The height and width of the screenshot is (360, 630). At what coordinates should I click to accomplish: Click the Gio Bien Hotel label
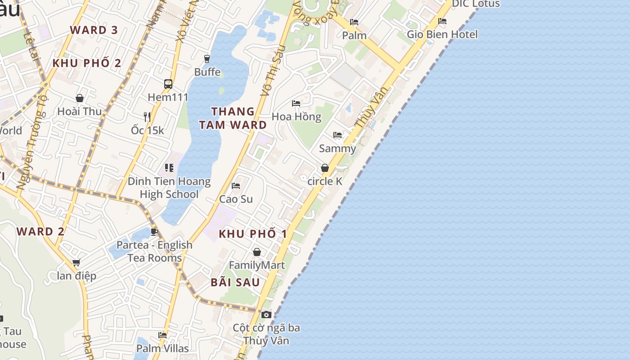pyautogui.click(x=442, y=34)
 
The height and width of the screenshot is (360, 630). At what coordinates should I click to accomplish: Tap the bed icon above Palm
pyautogui.click(x=354, y=22)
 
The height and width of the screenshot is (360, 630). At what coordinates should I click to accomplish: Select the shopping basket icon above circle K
pyautogui.click(x=325, y=168)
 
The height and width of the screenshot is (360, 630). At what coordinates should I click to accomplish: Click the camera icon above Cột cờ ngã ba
pyautogui.click(x=266, y=315)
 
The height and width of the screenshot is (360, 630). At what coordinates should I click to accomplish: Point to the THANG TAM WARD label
pyautogui.click(x=233, y=118)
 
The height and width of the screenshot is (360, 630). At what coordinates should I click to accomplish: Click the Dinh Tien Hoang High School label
pyautogui.click(x=169, y=188)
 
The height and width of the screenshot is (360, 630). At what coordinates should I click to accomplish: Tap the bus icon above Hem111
pyautogui.click(x=168, y=84)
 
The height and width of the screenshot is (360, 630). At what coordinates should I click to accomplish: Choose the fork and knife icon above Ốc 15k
pyautogui.click(x=147, y=117)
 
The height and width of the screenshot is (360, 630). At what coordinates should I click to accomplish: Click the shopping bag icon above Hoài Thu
pyautogui.click(x=80, y=98)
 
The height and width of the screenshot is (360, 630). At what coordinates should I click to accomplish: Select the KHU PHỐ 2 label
pyautogui.click(x=87, y=63)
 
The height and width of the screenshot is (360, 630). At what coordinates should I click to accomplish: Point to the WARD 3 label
pyautogui.click(x=94, y=30)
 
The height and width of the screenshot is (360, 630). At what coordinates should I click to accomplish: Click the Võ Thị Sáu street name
pyautogui.click(x=273, y=71)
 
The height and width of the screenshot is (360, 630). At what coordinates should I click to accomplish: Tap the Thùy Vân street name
pyautogui.click(x=371, y=107)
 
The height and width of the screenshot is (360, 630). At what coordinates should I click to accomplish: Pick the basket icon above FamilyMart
pyautogui.click(x=257, y=252)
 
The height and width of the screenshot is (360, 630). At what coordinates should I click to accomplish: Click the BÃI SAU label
pyautogui.click(x=235, y=282)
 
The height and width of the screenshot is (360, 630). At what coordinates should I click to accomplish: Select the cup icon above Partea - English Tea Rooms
pyautogui.click(x=154, y=232)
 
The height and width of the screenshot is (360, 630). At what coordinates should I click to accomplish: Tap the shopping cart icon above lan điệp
pyautogui.click(x=76, y=262)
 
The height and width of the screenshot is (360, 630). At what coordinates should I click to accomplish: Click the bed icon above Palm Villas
pyautogui.click(x=162, y=335)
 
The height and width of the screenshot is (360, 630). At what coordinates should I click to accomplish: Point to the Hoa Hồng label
pyautogui.click(x=297, y=117)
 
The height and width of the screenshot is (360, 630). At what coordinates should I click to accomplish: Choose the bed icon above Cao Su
pyautogui.click(x=236, y=185)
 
